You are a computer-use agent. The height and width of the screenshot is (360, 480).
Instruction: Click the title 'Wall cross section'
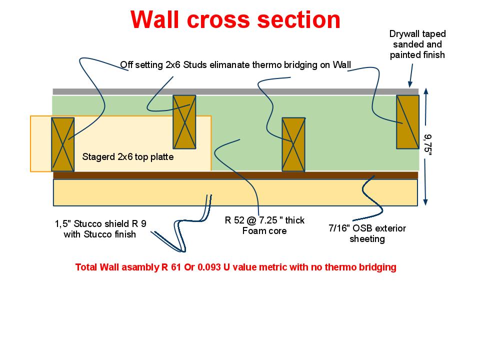point(235,19)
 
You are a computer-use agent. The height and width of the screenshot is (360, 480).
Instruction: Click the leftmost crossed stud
point(63,144)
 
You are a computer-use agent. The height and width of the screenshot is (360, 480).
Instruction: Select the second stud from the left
point(184,122)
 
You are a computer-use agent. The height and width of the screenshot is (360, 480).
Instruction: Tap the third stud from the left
point(293,144)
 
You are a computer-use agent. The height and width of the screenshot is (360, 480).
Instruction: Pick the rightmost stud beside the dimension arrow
point(408,122)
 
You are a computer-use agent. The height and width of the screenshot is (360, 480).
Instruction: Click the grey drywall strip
point(235,91)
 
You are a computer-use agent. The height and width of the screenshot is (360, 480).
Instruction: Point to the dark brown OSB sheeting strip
point(235,175)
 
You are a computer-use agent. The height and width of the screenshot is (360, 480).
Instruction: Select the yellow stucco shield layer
point(235,192)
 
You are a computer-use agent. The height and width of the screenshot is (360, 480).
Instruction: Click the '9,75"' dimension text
point(427,145)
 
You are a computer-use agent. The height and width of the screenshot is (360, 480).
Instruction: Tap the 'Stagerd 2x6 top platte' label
point(128,156)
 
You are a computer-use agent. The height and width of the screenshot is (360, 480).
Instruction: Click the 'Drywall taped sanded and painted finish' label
point(417,44)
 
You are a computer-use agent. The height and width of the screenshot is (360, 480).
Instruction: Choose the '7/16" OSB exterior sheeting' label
point(367,233)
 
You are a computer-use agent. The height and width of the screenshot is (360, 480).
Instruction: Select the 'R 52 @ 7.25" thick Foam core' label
point(264,225)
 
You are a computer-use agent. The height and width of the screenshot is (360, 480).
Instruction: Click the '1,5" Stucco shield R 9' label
point(100,224)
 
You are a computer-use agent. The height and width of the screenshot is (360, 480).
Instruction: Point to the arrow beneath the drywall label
point(411,75)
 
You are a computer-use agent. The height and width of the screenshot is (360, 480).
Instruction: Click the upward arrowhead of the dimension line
point(425,91)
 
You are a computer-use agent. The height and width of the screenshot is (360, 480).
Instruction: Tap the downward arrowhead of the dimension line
point(425,202)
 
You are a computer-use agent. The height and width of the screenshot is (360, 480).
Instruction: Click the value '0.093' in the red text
point(209,267)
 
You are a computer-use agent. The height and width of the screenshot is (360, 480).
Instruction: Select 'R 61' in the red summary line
point(171,267)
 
